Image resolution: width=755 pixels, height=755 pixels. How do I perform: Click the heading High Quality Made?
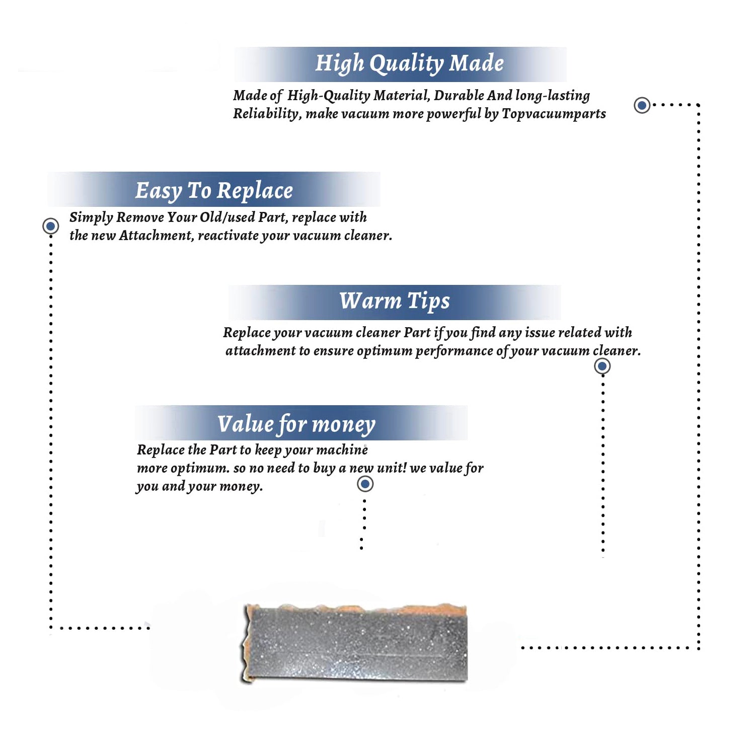click(x=409, y=64)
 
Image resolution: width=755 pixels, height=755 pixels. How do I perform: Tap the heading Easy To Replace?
click(x=214, y=191)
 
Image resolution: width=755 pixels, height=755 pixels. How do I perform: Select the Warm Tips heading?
click(x=394, y=301)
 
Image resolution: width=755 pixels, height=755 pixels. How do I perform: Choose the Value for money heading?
click(x=296, y=424)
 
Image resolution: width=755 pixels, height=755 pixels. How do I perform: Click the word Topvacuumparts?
click(x=554, y=114)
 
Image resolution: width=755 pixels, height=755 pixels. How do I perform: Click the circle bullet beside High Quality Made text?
click(x=642, y=105)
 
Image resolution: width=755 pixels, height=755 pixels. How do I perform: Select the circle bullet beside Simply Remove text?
click(x=50, y=226)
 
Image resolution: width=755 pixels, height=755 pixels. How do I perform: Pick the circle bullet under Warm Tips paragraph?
click(x=602, y=366)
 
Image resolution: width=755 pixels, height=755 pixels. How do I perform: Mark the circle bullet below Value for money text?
click(x=365, y=484)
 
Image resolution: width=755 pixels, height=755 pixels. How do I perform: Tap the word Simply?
click(x=91, y=217)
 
